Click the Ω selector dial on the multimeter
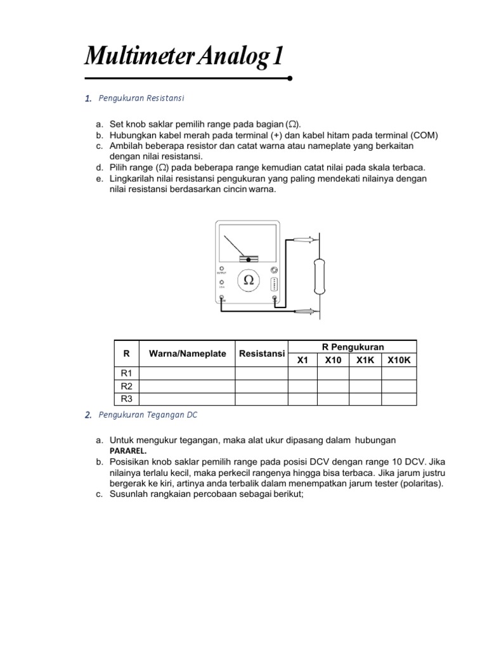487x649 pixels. [249, 280]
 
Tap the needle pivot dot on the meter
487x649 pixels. [249, 259]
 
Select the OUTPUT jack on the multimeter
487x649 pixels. [222, 268]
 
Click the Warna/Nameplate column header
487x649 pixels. [187, 354]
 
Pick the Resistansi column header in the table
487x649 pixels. [261, 354]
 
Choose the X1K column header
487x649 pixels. [365, 360]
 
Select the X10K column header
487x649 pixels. [399, 360]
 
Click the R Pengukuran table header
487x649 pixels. [353, 347]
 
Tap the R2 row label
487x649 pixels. [126, 386]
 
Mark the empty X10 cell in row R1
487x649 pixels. [333, 374]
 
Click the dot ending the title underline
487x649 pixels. [290, 79]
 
